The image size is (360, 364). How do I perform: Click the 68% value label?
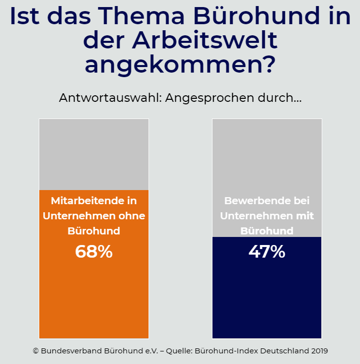[x=94, y=251]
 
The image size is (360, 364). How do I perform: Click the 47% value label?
[x=267, y=251]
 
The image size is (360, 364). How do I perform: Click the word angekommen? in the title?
[x=180, y=65]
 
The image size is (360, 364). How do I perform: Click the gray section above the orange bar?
[x=94, y=154]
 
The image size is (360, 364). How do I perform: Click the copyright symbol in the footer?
[x=36, y=350]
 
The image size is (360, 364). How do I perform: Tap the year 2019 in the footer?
[x=319, y=350]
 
